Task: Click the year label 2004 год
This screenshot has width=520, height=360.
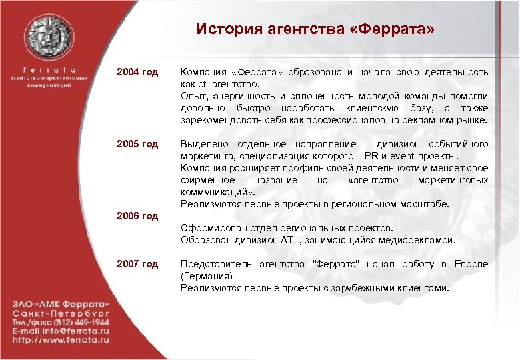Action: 138,71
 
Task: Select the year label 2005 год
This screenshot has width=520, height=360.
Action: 138,144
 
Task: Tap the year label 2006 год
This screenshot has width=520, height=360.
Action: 138,216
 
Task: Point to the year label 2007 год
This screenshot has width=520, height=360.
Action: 138,264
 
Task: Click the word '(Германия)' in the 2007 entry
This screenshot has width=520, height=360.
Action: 206,276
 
